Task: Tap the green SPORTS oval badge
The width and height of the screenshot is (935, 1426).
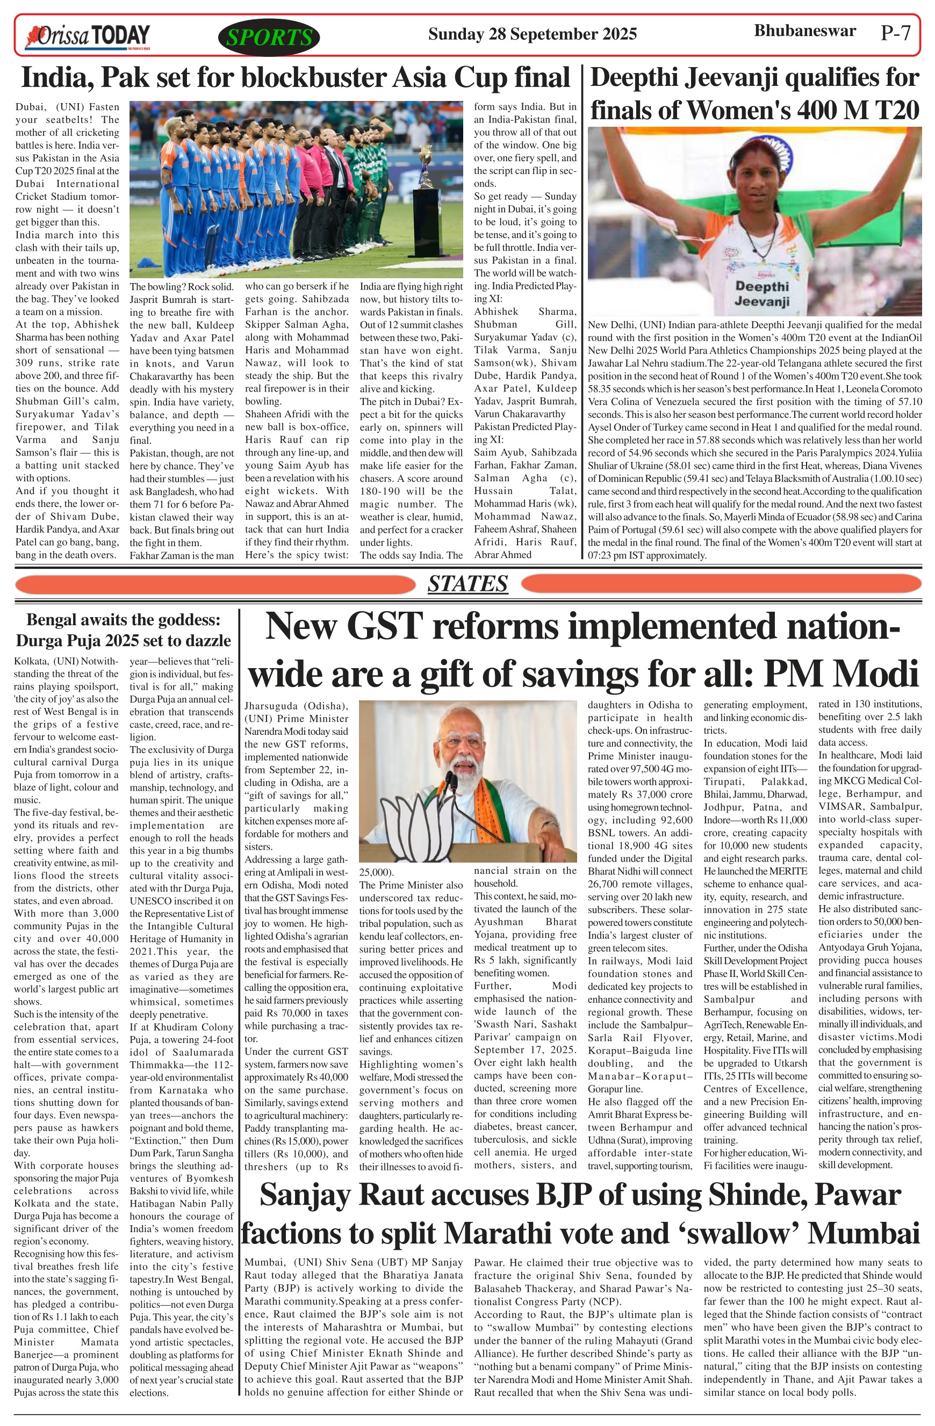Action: tap(270, 38)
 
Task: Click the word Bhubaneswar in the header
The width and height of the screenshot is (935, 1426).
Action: tap(804, 31)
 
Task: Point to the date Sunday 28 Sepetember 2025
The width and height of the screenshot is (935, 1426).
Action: tap(531, 34)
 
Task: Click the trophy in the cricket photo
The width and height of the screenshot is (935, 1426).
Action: tap(426, 174)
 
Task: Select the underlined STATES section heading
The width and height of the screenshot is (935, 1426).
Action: tap(467, 584)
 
